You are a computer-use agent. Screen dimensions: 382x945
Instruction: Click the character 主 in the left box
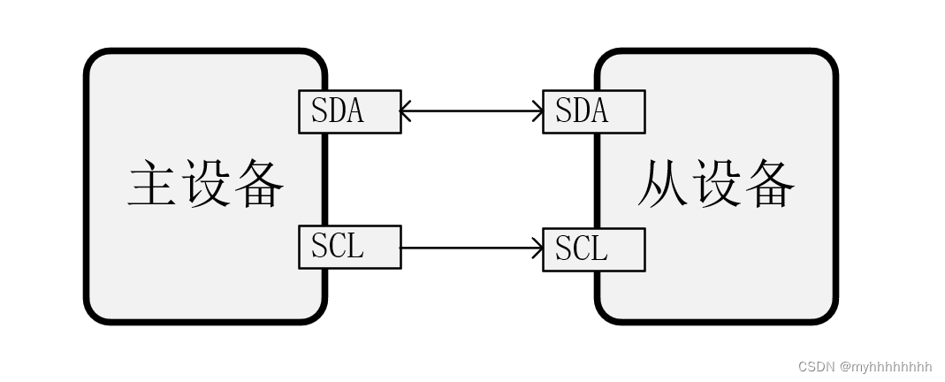[155, 185]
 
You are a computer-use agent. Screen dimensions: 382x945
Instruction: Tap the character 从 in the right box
[663, 185]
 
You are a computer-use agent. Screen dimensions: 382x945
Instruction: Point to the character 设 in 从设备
[714, 185]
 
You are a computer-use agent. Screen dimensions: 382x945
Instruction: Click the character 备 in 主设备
[258, 185]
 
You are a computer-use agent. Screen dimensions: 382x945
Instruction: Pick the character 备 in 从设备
[767, 185]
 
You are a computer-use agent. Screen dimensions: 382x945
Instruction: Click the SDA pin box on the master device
[349, 111]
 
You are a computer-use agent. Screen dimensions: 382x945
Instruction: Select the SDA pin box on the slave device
[593, 111]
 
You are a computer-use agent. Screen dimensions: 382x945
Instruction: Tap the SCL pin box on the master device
[349, 247]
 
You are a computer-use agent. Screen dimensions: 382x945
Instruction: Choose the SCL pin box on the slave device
[593, 249]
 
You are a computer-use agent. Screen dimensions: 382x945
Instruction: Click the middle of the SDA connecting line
[471, 111]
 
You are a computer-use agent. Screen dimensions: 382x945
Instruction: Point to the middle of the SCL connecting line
[471, 248]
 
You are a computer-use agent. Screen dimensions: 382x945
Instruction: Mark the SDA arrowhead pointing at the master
[405, 111]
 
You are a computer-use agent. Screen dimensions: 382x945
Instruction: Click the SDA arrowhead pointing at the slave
[537, 111]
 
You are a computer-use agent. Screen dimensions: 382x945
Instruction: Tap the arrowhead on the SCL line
[537, 248]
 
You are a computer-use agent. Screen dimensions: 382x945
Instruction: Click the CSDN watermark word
[817, 366]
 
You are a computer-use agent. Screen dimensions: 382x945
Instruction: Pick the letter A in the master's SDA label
[354, 111]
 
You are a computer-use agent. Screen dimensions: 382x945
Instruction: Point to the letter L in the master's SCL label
[355, 247]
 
